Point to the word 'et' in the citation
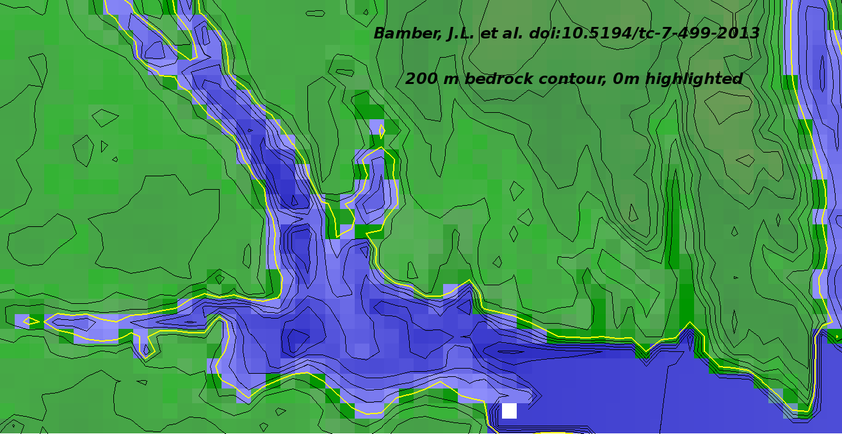(489, 33)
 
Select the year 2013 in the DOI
(736, 33)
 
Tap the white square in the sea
(509, 410)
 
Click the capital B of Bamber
(380, 33)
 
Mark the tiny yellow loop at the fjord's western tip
(27, 321)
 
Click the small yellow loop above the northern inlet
(382, 131)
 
